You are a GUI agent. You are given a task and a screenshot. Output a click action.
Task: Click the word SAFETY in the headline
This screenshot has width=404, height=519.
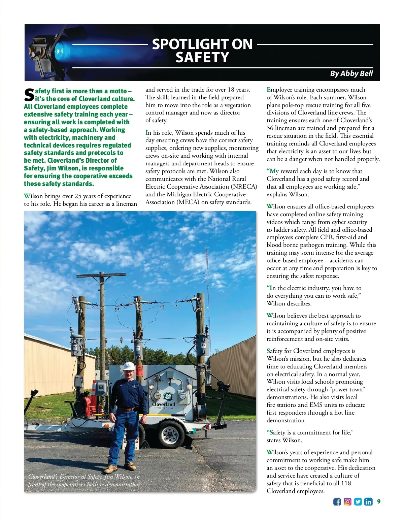(202, 58)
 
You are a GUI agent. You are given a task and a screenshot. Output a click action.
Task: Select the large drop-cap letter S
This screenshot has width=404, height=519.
(29, 95)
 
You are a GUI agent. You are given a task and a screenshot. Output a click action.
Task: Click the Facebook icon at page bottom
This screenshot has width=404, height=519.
(337, 502)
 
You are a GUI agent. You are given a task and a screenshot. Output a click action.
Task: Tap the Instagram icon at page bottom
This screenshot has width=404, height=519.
(347, 502)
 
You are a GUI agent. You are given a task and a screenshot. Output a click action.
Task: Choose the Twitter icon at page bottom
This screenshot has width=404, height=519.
(358, 502)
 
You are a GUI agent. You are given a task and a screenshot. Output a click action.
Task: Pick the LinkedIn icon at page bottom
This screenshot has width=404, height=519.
(368, 502)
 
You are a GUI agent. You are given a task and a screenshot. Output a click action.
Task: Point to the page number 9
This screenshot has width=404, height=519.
(379, 501)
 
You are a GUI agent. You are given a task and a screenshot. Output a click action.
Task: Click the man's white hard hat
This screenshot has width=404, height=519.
(129, 366)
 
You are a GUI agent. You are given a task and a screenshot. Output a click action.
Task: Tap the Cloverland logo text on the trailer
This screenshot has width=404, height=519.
(164, 404)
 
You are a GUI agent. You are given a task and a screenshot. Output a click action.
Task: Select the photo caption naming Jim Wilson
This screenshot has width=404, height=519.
(84, 481)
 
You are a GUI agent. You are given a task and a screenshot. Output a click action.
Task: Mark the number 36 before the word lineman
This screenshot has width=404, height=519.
(270, 128)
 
